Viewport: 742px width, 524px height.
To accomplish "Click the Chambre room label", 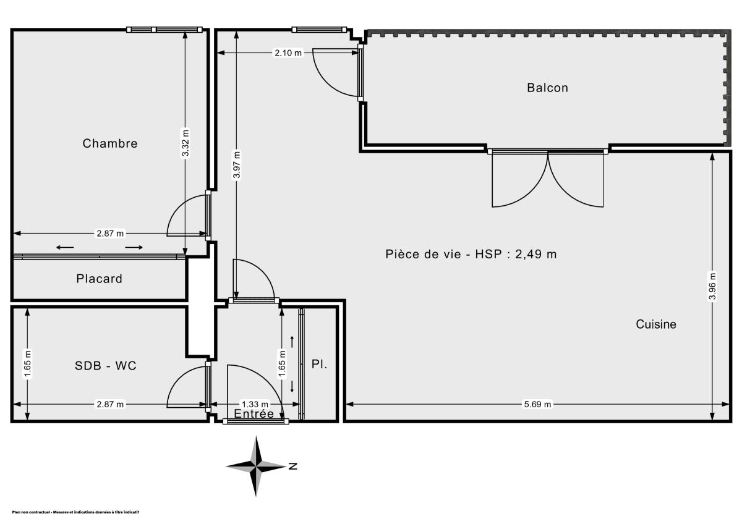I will point(110,143).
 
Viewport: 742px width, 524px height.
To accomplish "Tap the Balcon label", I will point(547,88).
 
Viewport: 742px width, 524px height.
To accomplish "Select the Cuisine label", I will point(656,324).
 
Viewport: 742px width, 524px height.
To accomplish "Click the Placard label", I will point(99,279).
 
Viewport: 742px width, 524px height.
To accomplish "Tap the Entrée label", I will point(254,414).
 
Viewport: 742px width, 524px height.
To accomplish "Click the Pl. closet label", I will point(319,365).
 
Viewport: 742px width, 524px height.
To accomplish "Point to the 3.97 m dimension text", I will point(236,165).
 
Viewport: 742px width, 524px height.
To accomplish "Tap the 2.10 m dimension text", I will point(288,53).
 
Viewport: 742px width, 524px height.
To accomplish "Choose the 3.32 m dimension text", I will point(185,143).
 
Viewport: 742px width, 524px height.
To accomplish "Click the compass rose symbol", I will point(256,466).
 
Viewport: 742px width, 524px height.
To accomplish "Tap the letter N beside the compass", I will point(293,466).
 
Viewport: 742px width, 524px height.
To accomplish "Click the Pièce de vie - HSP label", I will point(471,254).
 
